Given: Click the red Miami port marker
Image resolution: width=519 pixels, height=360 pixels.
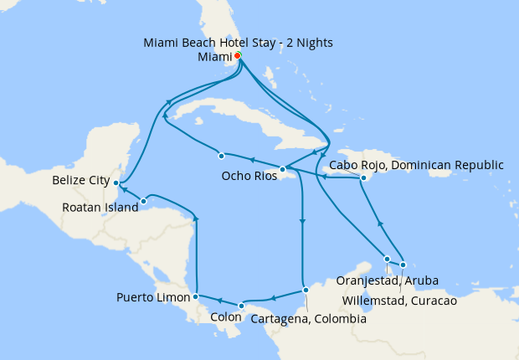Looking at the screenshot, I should (x=238, y=56).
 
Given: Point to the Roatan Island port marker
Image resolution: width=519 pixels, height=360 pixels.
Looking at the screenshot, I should (x=144, y=201).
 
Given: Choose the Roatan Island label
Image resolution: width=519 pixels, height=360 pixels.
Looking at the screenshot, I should (x=100, y=208).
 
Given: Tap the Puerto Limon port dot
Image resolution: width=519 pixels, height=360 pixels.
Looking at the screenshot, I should (x=195, y=296).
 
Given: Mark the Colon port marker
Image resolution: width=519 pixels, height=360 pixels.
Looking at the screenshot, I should (x=240, y=306).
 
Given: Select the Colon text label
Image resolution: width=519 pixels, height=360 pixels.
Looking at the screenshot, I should (x=226, y=318).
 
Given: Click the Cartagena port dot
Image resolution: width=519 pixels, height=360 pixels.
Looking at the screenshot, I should (x=306, y=290).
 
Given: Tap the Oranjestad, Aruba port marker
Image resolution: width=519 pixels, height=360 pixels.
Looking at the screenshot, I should (x=387, y=259).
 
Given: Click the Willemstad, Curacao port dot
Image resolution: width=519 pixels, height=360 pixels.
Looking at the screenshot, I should (x=403, y=265).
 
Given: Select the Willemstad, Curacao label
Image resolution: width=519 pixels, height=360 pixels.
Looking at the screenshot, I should (x=400, y=301).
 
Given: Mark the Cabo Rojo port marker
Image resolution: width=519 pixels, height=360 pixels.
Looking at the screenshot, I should (x=364, y=178).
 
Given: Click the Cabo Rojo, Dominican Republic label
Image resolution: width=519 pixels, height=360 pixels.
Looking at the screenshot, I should (x=416, y=165).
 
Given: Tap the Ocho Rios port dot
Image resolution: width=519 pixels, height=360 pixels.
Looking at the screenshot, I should (x=283, y=169).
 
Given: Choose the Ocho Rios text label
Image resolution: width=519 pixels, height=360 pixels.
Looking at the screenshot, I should (x=249, y=177).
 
